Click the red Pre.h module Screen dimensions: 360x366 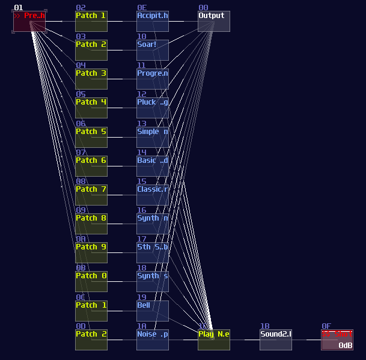[x=29, y=21]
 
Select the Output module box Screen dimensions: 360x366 [x=213, y=21]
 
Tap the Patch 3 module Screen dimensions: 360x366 [x=91, y=79]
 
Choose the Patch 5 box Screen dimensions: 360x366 [x=91, y=137]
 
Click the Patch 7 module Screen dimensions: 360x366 [x=91, y=195]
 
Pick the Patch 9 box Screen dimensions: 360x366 [x=91, y=252]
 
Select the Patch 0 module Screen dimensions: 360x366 [x=91, y=281]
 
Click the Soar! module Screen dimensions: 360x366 [x=152, y=50]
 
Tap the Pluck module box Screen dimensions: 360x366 [x=152, y=108]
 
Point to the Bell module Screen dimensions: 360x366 [x=152, y=311]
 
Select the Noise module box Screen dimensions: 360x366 [x=152, y=340]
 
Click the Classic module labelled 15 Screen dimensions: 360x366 [x=152, y=195]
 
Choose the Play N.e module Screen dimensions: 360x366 [x=213, y=340]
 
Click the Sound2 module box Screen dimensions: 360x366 [x=275, y=340]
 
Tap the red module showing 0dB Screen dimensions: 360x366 [x=337, y=340]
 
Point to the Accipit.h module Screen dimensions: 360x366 [x=152, y=21]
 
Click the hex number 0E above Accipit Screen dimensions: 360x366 [x=141, y=8]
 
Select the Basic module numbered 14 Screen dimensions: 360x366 [x=152, y=166]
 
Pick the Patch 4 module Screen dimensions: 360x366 [x=91, y=108]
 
